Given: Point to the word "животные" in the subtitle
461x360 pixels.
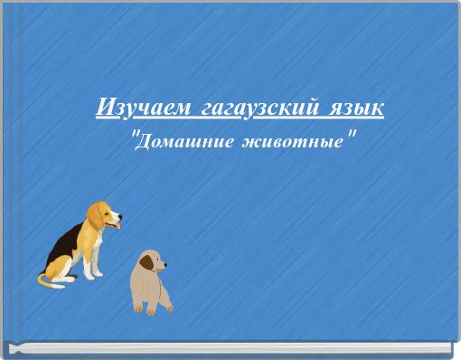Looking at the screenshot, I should [x=291, y=143].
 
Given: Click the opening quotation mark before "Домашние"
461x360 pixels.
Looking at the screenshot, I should [x=136, y=137].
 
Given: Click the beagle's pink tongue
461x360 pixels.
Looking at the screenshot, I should [x=112, y=231].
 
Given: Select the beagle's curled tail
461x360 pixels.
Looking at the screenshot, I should [x=43, y=279].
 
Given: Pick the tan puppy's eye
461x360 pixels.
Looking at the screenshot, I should [x=155, y=261].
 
